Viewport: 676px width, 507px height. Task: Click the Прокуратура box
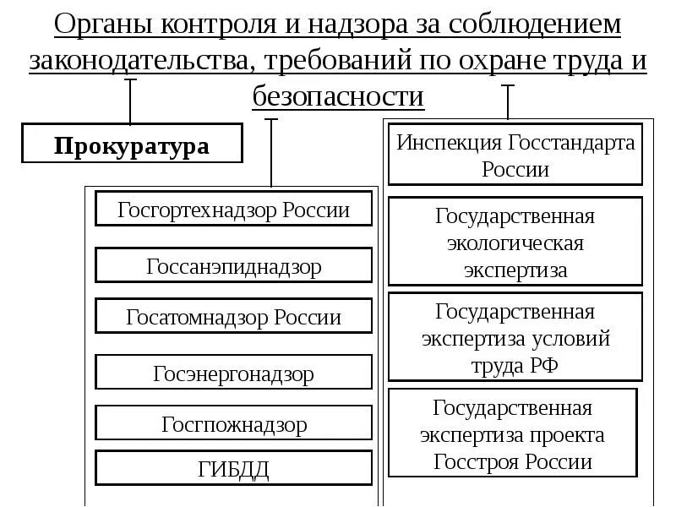click(x=132, y=144)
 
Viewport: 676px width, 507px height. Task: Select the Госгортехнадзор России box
click(x=234, y=209)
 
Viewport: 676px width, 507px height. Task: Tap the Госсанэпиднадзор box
click(x=234, y=265)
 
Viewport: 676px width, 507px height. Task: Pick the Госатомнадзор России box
click(x=234, y=318)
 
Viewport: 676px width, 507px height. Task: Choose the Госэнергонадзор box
click(x=234, y=372)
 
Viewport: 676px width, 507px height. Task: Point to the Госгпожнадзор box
click(x=234, y=423)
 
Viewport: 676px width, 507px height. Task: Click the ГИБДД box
click(x=234, y=468)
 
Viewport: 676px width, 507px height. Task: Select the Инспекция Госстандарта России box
click(x=515, y=155)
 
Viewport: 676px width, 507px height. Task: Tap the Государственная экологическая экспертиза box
click(x=515, y=243)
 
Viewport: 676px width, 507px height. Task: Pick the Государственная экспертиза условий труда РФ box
click(x=515, y=338)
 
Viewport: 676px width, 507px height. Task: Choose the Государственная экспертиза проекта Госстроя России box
click(x=515, y=434)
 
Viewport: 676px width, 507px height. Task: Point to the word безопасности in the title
click(x=338, y=96)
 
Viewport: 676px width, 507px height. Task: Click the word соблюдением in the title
click(x=535, y=25)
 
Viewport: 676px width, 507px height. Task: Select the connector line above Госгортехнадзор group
click(x=270, y=152)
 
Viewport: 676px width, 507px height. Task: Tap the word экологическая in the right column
click(x=515, y=243)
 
